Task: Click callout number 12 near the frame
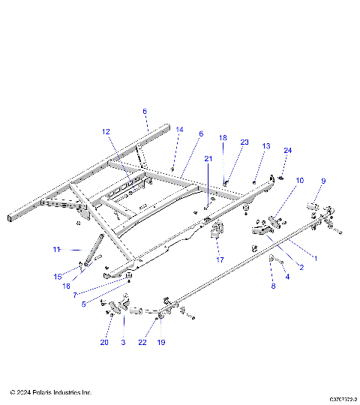pos(106,131)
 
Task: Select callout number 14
pos(179,130)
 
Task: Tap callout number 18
pos(223,138)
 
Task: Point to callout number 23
pos(244,142)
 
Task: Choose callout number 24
pos(287,150)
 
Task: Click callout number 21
pos(208,158)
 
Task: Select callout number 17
pos(220,259)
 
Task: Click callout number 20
pos(104,343)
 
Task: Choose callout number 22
pos(143,343)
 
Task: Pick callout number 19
pos(160,343)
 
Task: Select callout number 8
pos(273,286)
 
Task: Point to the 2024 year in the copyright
pos(23,392)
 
